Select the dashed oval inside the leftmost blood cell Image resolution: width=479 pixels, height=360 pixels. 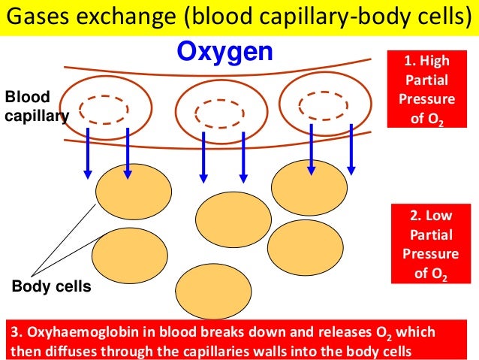coord(98,110)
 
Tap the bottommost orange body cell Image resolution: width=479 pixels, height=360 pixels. coord(212,290)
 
